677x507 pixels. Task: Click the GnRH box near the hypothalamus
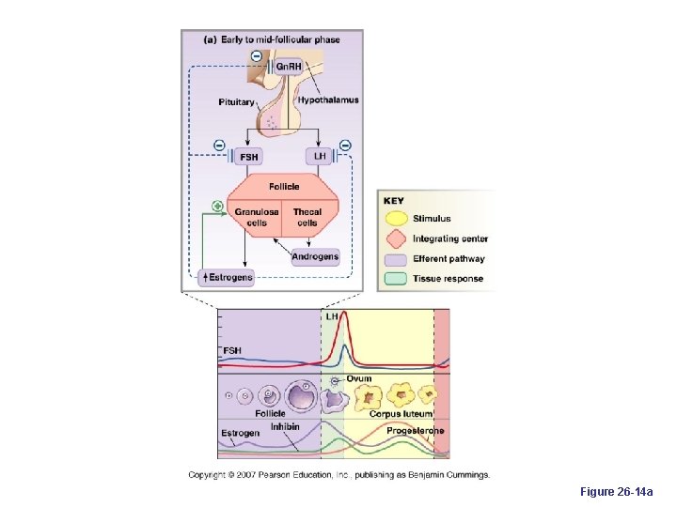(x=288, y=67)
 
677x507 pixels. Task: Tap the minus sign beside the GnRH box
(x=256, y=59)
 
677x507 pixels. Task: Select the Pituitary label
(x=236, y=101)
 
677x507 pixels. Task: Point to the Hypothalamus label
(x=328, y=100)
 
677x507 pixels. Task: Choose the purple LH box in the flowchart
(x=319, y=156)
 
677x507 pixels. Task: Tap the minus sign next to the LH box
(x=345, y=146)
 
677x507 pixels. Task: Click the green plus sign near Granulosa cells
(x=218, y=206)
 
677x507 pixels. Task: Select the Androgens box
(x=315, y=256)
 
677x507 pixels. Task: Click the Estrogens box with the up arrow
(x=228, y=277)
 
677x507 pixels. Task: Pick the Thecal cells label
(x=307, y=218)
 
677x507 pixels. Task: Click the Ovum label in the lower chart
(x=359, y=378)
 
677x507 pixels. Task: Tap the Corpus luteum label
(x=401, y=413)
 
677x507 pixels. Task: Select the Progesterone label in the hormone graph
(x=416, y=431)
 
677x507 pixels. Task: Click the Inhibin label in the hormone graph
(x=285, y=427)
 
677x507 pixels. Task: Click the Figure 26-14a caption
(x=622, y=492)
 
